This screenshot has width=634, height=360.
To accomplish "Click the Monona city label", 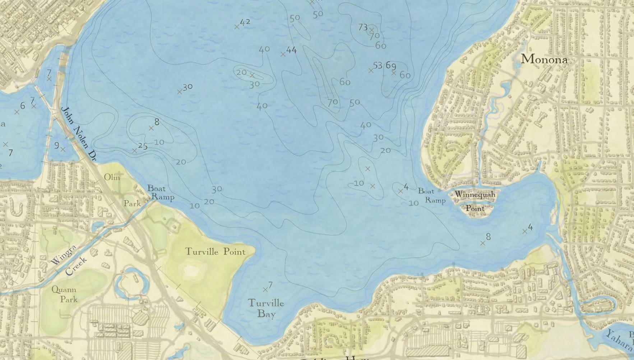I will [544, 59].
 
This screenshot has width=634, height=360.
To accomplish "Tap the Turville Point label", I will [215, 251].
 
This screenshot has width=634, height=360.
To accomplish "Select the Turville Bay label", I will [266, 309].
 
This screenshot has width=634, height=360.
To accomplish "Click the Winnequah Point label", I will [475, 201].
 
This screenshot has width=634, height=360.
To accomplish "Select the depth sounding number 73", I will [363, 27].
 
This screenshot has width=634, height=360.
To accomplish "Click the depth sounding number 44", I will [291, 50].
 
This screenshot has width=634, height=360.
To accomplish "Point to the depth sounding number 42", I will [245, 22].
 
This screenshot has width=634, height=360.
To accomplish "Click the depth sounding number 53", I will [378, 65].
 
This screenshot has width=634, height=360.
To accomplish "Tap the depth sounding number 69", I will [391, 66].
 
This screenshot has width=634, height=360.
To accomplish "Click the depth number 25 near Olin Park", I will [143, 146].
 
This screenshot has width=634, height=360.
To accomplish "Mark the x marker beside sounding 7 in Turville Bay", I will [265, 290].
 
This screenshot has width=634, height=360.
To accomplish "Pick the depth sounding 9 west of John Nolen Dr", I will [57, 146].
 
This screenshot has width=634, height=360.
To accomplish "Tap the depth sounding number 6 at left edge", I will [23, 106].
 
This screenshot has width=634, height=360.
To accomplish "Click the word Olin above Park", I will [112, 177].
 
